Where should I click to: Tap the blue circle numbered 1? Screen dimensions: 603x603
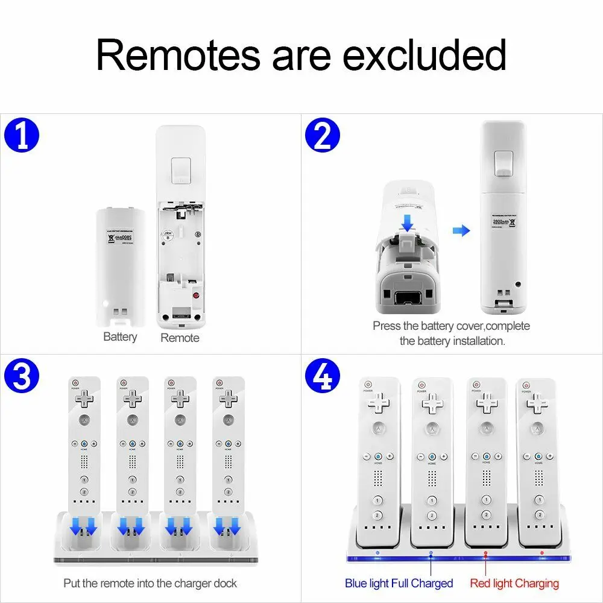click(x=21, y=137)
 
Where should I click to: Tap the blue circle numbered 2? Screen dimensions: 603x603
click(x=323, y=137)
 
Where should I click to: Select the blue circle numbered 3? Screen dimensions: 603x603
click(x=21, y=377)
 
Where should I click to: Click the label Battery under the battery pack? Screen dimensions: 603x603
click(x=120, y=337)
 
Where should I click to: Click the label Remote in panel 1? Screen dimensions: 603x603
click(x=180, y=338)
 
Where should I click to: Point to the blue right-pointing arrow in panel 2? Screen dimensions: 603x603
click(x=461, y=230)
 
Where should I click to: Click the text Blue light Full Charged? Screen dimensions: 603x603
click(x=399, y=583)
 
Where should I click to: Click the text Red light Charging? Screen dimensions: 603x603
click(x=514, y=583)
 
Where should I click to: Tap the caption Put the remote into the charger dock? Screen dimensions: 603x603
click(x=150, y=583)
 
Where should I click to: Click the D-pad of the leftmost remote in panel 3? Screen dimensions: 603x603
click(x=85, y=397)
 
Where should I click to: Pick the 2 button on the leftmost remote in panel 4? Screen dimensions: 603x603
click(x=377, y=516)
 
